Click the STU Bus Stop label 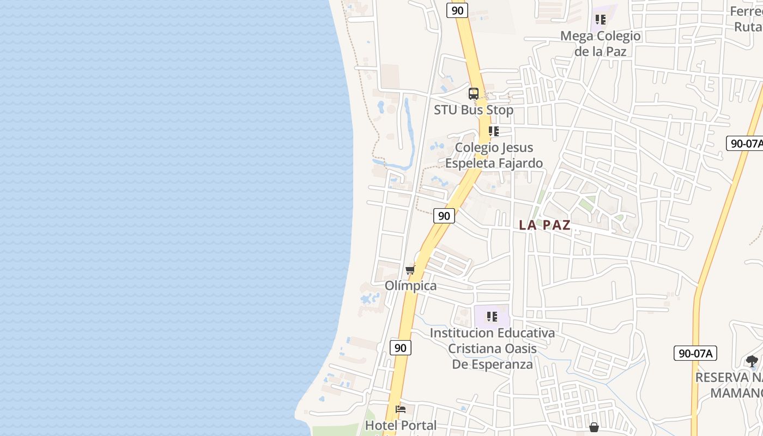point(473,110)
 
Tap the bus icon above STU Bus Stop point(473,94)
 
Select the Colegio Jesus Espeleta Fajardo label point(494,155)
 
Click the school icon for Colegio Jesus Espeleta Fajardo point(494,131)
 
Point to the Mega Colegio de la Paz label point(601,44)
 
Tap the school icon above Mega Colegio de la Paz point(601,20)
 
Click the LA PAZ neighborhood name point(544,225)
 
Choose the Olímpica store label point(410,286)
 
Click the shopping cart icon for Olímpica point(410,270)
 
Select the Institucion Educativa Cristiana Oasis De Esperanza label point(492,348)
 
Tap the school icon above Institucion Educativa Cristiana point(492,317)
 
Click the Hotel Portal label point(401,426)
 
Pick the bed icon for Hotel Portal point(401,409)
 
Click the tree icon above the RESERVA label point(752,361)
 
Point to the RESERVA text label point(729,378)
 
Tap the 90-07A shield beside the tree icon point(695,353)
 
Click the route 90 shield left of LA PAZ point(444,216)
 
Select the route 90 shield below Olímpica point(401,348)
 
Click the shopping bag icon point(594,427)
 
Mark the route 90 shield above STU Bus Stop point(457,10)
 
